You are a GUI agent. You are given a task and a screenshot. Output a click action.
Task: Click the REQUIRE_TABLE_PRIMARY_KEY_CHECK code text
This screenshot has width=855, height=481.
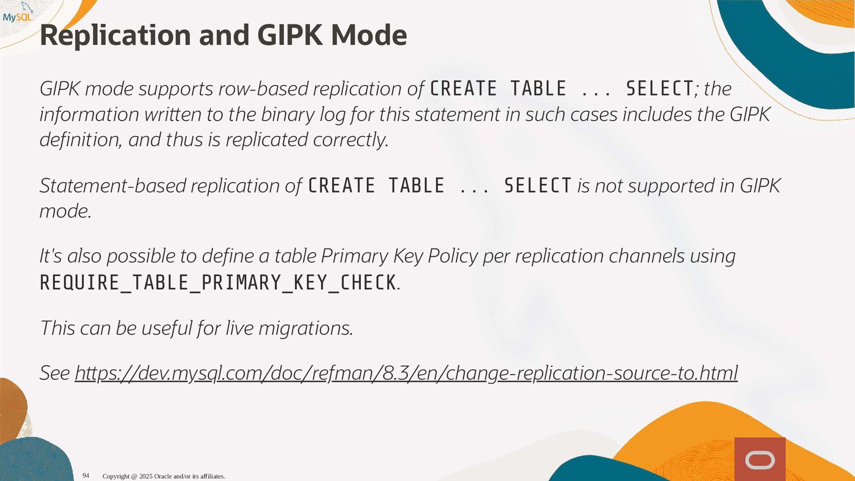click(218, 282)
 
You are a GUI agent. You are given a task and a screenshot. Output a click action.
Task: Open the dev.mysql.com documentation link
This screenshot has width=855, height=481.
click(406, 373)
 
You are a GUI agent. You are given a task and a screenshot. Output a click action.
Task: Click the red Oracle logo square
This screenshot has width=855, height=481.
click(760, 459)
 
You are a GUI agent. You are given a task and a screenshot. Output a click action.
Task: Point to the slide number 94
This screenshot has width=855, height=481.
click(86, 476)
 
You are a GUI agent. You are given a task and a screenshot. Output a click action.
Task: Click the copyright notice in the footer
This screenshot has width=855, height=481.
click(164, 476)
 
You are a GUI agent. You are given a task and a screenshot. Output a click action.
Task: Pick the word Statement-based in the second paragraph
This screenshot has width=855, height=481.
click(113, 186)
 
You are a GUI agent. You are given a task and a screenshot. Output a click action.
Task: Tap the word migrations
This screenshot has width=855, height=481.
click(306, 328)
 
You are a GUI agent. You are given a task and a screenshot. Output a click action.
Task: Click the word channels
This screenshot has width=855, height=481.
click(647, 256)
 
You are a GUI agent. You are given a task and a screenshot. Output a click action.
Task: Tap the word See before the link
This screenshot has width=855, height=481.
click(55, 373)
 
